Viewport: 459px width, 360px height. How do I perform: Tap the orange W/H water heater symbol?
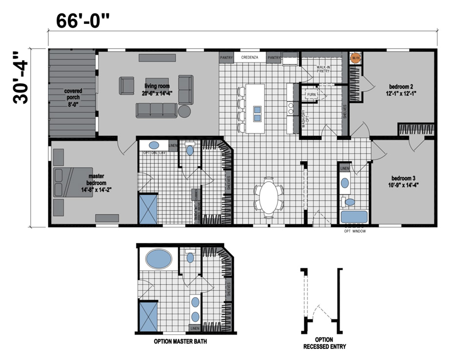point(355,58)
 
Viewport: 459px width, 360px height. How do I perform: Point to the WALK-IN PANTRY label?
point(323,69)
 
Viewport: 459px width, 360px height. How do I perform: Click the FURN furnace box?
point(311,94)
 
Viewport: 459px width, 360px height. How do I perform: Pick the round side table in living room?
point(185,111)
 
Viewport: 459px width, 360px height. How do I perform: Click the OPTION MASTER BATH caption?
point(180,341)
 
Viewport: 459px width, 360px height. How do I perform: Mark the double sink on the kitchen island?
point(257,113)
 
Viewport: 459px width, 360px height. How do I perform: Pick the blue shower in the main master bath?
point(148,209)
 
